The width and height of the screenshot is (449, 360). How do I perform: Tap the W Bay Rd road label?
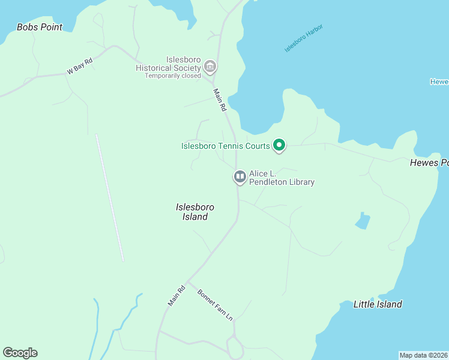pos(80,66)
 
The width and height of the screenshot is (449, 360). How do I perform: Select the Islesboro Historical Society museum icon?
pos(209,65)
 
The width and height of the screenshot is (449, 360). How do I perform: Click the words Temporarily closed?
pos(173,76)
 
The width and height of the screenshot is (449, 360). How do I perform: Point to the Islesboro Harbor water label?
pos(304,38)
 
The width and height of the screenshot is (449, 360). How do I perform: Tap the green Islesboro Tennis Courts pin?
pos(279,145)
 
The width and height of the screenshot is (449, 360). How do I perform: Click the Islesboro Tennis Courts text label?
pos(226,146)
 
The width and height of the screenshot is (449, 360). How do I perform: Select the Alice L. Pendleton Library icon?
pos(240,176)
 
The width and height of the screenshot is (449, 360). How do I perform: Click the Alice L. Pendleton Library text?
pos(282,178)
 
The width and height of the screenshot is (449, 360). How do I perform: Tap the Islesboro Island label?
pos(195,212)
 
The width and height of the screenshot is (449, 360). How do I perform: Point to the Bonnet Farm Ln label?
pos(215,305)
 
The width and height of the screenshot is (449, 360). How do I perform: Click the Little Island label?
pos(378,304)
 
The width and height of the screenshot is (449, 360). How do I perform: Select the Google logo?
pos(20,353)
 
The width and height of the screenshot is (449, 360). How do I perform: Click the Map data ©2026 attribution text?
pos(423,355)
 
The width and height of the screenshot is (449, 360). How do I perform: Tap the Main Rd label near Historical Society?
pos(220,100)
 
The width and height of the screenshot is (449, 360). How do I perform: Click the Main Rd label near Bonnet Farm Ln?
pos(177,295)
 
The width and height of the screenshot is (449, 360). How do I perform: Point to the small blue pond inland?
pos(362,221)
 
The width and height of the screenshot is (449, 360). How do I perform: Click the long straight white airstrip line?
pos(109,197)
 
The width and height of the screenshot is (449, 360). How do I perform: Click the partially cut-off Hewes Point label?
pos(429,163)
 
